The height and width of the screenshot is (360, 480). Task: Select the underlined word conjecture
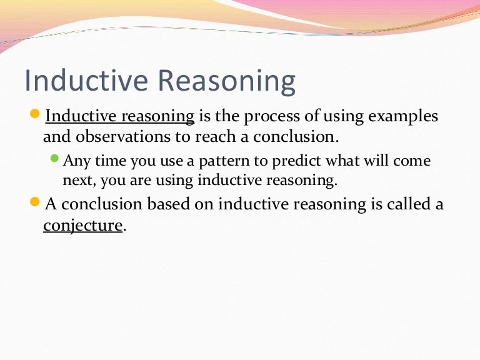[x=82, y=225]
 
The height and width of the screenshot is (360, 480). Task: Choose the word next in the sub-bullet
[x=77, y=181]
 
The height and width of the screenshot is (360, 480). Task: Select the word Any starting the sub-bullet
[x=77, y=161]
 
